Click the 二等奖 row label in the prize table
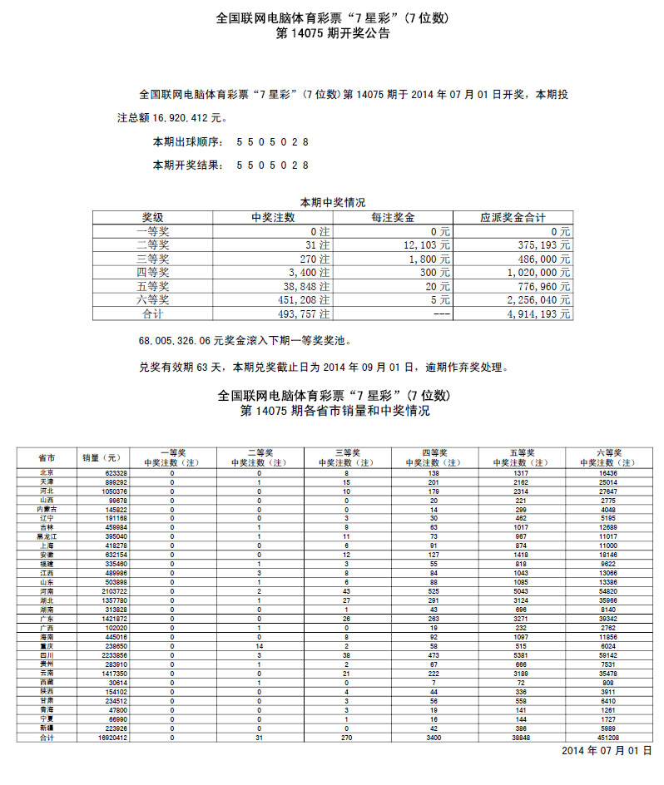[x=152, y=245]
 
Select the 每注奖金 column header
[x=393, y=218]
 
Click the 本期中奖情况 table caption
[x=332, y=202]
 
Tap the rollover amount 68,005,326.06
[x=176, y=341]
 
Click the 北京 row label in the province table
[x=47, y=472]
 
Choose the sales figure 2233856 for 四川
[x=111, y=655]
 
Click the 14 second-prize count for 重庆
[x=260, y=646]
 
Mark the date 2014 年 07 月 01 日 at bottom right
[x=606, y=751]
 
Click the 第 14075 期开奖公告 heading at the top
[x=332, y=34]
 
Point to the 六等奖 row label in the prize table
[x=152, y=300]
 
